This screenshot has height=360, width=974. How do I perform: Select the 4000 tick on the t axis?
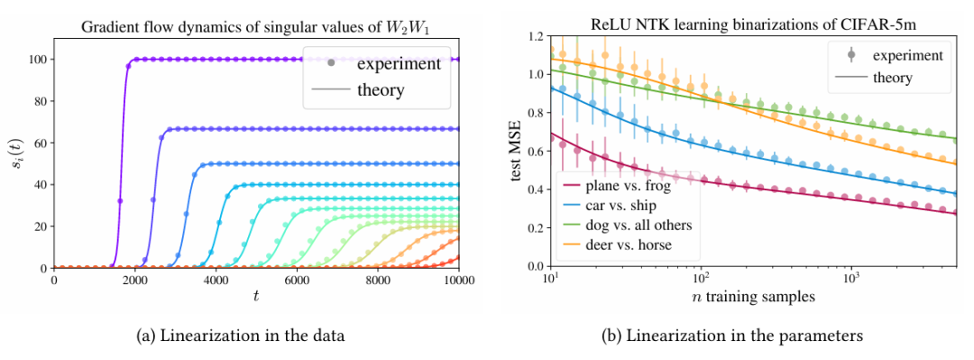216,279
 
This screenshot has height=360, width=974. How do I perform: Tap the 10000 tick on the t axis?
458,279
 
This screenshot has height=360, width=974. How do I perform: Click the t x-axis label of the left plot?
255,297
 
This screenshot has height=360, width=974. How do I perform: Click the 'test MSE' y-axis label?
517,152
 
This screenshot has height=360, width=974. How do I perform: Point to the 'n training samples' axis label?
753,297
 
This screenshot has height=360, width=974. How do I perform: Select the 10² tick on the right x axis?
701,277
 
